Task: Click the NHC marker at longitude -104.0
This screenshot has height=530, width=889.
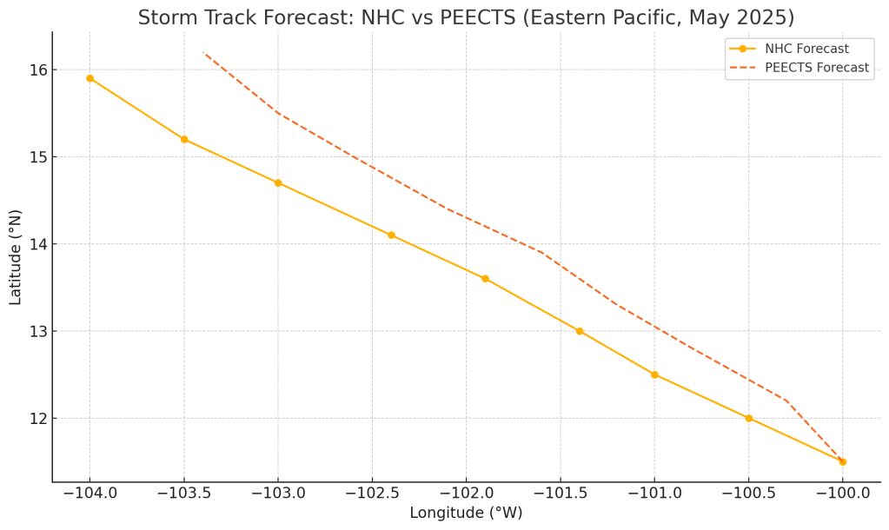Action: pyautogui.click(x=90, y=78)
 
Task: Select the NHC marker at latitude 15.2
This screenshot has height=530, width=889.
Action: pyautogui.click(x=184, y=139)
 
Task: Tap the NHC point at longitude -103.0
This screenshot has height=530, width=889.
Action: pyautogui.click(x=278, y=182)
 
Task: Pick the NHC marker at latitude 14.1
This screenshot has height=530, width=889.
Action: pyautogui.click(x=391, y=235)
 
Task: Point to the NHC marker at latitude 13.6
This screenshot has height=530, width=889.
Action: pyautogui.click(x=485, y=279)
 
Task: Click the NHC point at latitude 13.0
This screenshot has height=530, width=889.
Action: pyautogui.click(x=580, y=331)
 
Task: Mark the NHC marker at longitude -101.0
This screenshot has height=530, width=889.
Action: pyautogui.click(x=654, y=374)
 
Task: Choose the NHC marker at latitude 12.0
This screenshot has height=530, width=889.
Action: pyautogui.click(x=749, y=418)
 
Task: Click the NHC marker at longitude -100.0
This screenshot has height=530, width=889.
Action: pyautogui.click(x=843, y=461)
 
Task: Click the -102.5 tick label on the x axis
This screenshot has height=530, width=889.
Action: pyautogui.click(x=371, y=494)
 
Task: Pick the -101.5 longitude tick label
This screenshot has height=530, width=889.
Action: pyautogui.click(x=560, y=494)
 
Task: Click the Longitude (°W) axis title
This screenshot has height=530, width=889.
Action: pyautogui.click(x=466, y=513)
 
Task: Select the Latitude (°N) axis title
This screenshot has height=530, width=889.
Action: pyautogui.click(x=16, y=256)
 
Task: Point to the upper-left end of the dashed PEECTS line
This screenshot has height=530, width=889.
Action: pyautogui.click(x=203, y=52)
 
